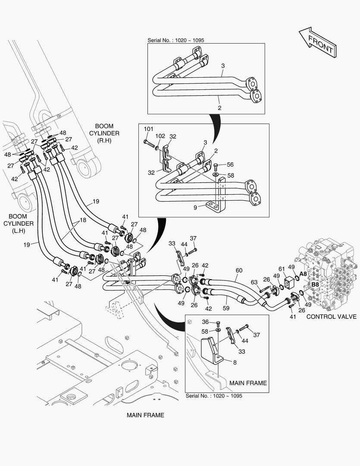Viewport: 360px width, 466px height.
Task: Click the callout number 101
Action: (148, 129)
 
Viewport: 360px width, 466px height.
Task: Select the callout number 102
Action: (160, 136)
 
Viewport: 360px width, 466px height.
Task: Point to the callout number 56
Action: (230, 165)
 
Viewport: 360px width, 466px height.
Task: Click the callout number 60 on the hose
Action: (238, 271)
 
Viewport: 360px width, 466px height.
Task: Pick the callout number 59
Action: (226, 308)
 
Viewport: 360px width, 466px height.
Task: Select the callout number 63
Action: (254, 283)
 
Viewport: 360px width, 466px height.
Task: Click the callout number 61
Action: (282, 269)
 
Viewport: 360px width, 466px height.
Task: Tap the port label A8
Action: (303, 274)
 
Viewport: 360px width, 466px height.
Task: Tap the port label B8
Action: (315, 285)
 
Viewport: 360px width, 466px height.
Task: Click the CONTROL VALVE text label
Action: (331, 317)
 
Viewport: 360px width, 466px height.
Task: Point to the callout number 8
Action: (235, 363)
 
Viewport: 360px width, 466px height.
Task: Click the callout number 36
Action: (205, 321)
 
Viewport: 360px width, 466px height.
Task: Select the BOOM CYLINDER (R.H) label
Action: (104, 133)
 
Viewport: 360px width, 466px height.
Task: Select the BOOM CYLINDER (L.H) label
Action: (19, 223)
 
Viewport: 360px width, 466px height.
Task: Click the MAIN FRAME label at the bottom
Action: (145, 415)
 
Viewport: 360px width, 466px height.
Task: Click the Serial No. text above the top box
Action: (175, 40)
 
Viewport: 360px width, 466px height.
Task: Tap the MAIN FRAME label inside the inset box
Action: (248, 383)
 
